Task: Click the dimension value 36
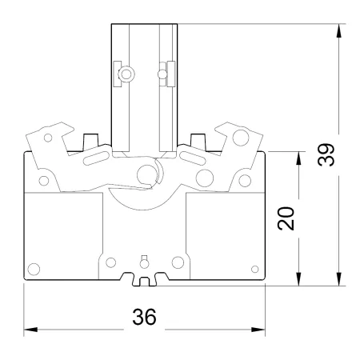coord(144,317)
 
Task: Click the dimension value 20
coord(286,218)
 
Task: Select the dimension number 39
coord(326,154)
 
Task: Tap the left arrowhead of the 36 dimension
coord(30,330)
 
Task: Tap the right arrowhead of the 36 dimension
coord(258,330)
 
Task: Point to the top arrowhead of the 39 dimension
coord(338,31)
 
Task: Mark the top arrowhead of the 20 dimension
coord(298,158)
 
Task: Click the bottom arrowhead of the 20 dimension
coord(298,279)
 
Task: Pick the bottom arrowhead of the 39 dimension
coord(338,279)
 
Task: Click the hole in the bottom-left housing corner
coord(34,269)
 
